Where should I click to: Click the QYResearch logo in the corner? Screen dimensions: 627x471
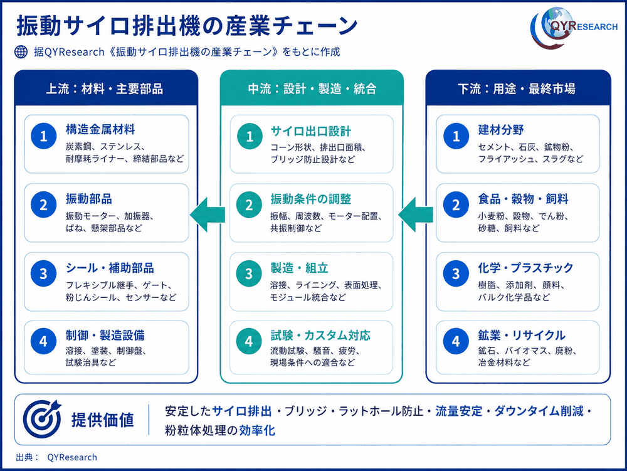tap(574, 28)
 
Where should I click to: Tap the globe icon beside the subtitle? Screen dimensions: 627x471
tap(21, 51)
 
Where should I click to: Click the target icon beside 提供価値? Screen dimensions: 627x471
tap(42, 418)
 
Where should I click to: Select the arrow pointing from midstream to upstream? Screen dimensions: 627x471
tap(208, 214)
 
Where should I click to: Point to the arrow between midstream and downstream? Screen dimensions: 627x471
tap(416, 214)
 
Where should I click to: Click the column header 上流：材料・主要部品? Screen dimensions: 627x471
tap(105, 89)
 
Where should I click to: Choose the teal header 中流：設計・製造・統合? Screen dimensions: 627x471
tap(312, 89)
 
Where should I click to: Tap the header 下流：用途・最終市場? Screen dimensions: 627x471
tap(517, 89)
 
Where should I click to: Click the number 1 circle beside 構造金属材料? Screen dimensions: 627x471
tap(44, 136)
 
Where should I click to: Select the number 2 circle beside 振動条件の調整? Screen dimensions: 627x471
tap(249, 204)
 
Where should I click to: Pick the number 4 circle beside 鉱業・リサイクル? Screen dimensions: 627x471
tap(456, 341)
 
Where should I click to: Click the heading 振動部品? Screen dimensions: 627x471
tap(89, 199)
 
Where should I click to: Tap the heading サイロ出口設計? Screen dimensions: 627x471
tap(311, 130)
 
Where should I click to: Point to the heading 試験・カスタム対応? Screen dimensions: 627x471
tap(320, 335)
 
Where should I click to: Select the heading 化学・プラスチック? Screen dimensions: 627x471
tap(525, 268)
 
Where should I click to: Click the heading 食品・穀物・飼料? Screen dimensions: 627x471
tap(523, 199)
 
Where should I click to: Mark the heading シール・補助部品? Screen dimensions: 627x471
tap(110, 268)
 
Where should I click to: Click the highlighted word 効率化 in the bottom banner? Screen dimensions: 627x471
tap(256, 430)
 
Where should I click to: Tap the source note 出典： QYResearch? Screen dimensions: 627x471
tap(56, 457)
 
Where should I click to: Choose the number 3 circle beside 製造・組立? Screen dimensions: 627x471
tap(249, 273)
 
